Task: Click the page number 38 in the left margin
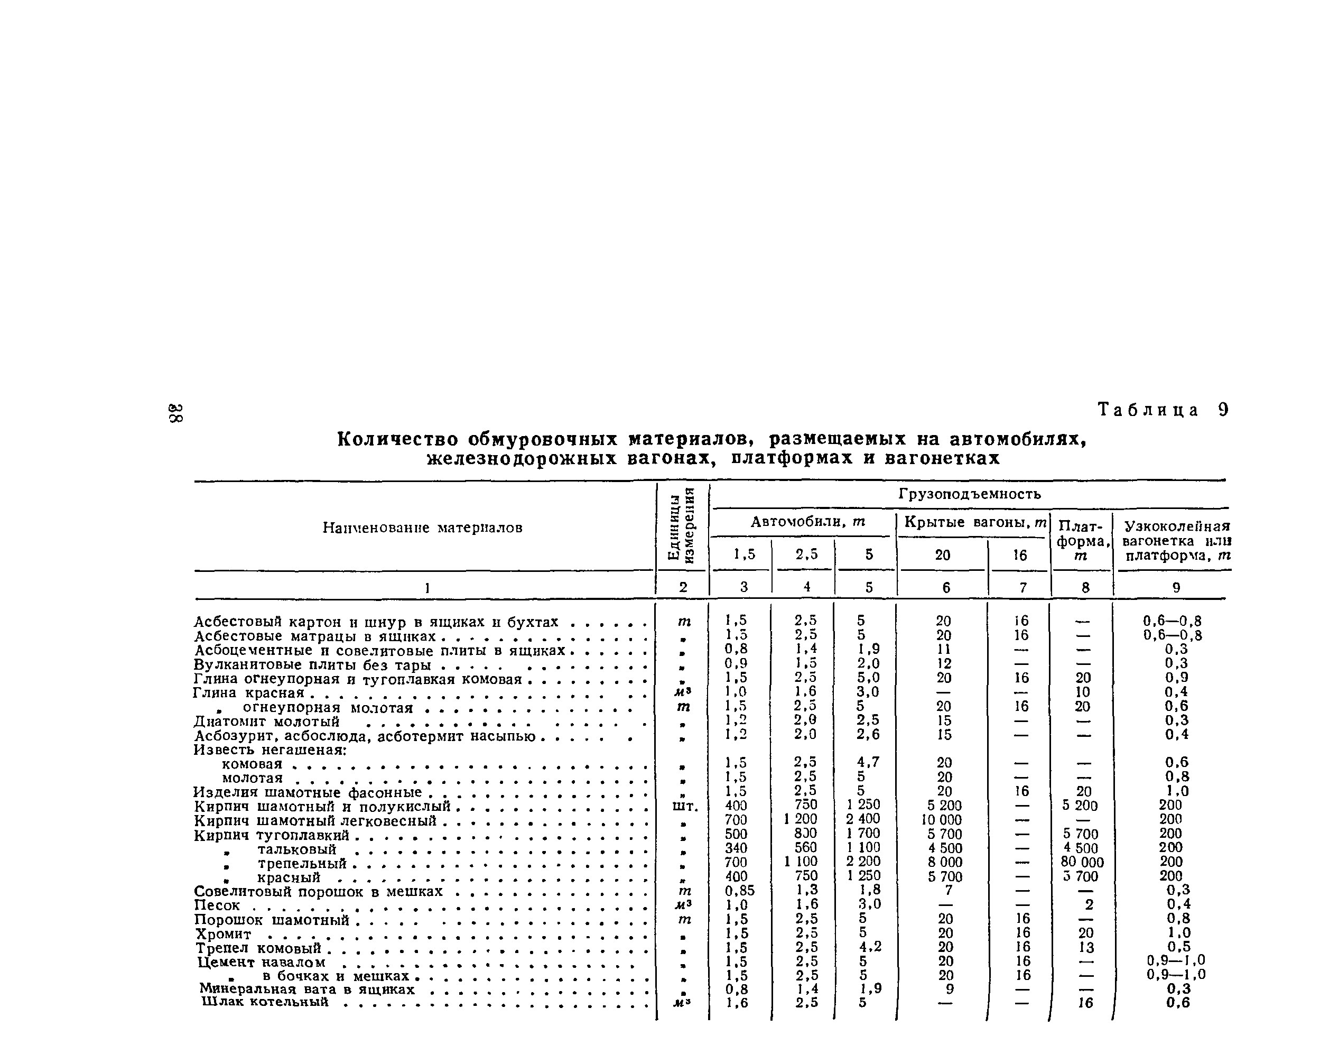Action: tap(175, 413)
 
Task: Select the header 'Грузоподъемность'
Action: tap(970, 494)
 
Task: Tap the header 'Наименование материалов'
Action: tap(422, 528)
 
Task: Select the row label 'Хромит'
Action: tap(224, 934)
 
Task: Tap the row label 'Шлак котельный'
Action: tap(265, 1002)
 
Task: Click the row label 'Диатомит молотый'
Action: tap(266, 722)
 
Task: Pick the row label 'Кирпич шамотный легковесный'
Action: tap(315, 820)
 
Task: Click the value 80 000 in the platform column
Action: tap(1082, 863)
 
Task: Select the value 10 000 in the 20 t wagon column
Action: tap(944, 820)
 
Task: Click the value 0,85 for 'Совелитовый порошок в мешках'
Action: tap(739, 891)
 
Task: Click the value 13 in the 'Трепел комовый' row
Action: tap(1086, 948)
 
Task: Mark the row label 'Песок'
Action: tap(217, 905)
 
